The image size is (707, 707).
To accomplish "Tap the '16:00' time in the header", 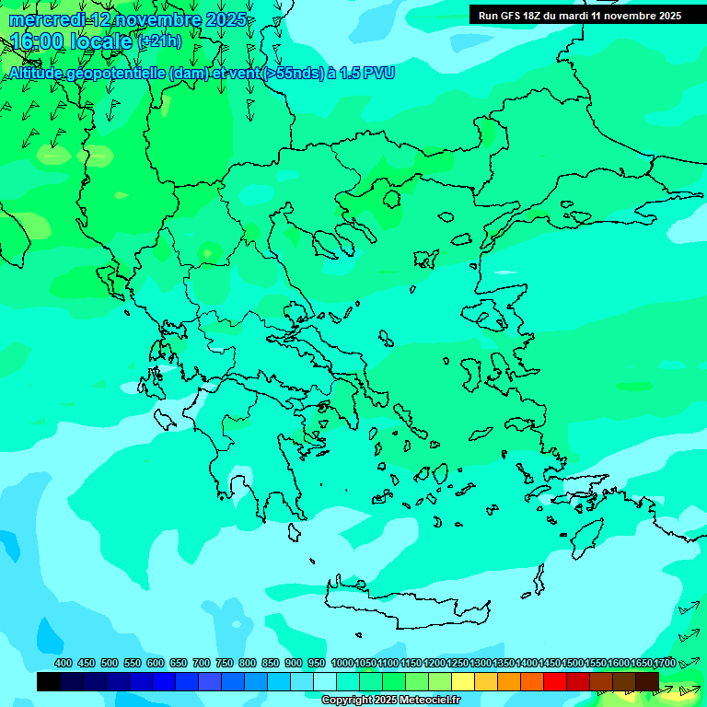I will tap(37, 41).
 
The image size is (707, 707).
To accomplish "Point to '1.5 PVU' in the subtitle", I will tap(366, 74).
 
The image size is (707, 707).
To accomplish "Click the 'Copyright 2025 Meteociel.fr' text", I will tap(391, 701).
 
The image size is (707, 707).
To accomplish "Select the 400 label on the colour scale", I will tap(64, 663).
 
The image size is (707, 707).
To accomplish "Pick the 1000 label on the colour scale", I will tap(342, 663).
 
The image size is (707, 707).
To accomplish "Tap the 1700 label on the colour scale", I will tap(665, 663).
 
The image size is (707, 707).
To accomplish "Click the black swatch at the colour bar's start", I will tap(49, 681).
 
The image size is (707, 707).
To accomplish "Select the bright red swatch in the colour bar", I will tap(555, 681).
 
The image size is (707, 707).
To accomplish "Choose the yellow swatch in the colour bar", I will tap(463, 681).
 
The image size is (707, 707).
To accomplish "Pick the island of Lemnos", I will tap(425, 259).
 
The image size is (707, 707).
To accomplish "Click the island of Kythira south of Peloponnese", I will tap(295, 532).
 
